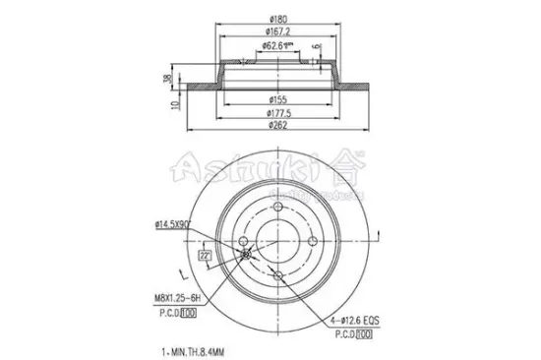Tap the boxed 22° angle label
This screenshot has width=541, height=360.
pos(204,256)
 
